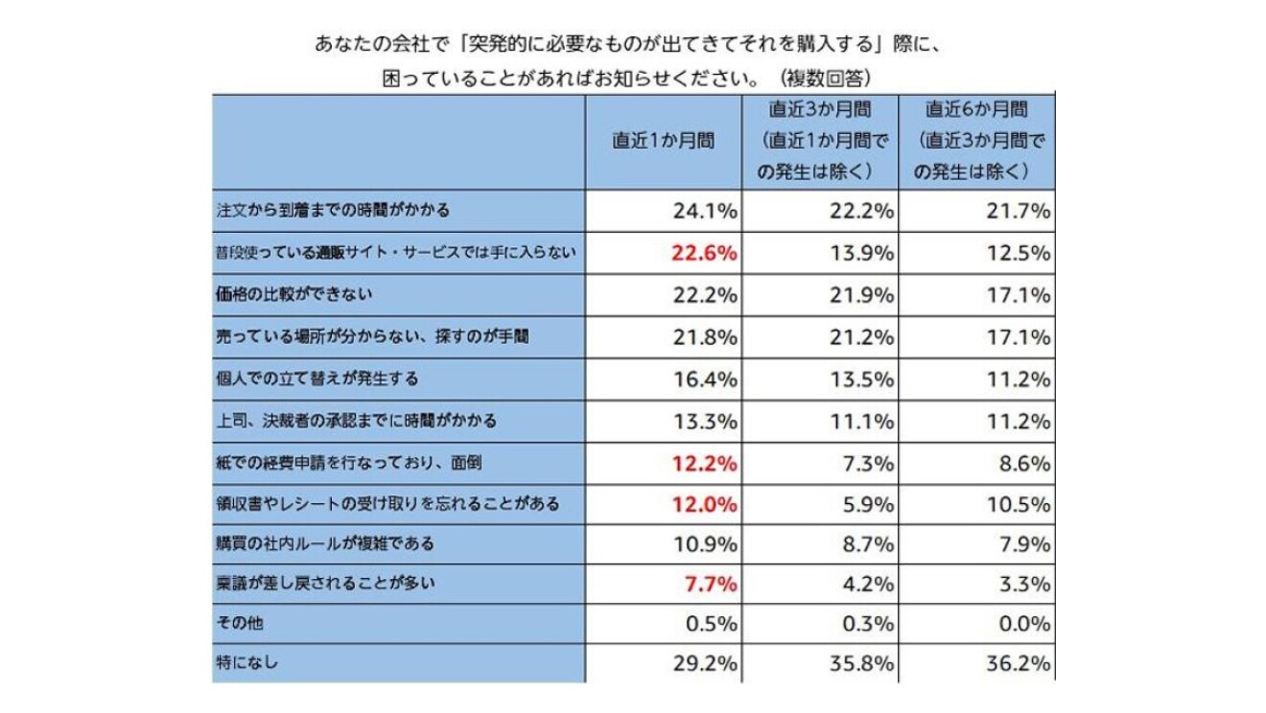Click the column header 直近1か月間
point(664,140)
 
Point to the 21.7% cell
point(1019,211)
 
